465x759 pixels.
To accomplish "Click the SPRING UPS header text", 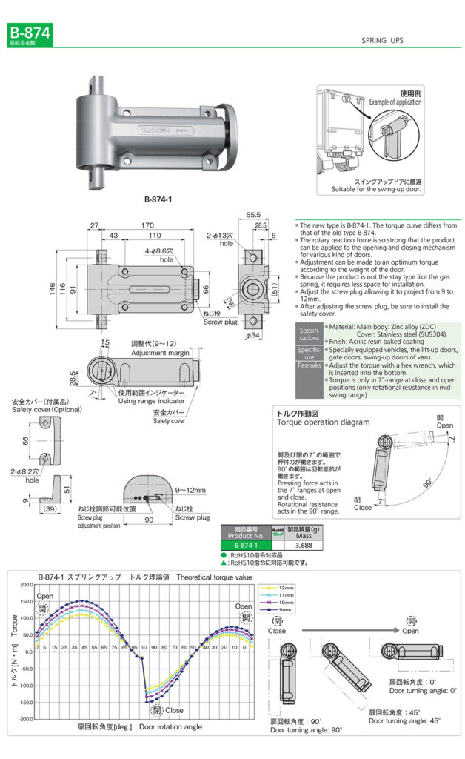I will (x=382, y=41).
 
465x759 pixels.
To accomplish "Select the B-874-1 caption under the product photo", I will (x=159, y=199).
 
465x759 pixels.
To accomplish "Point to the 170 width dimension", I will (x=147, y=225).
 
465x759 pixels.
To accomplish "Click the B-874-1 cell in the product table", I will (x=246, y=545).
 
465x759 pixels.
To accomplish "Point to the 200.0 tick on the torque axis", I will (x=24, y=585).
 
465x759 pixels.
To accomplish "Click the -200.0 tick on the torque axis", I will (x=24, y=720).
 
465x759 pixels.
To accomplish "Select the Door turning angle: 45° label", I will (x=404, y=720).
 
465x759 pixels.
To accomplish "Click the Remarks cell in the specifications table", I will (x=309, y=365).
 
